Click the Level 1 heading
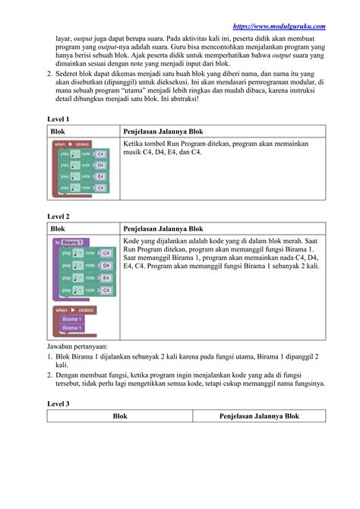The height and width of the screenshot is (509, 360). click(58, 119)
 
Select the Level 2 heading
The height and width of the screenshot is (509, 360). click(58, 217)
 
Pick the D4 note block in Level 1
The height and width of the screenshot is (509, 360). click(83, 164)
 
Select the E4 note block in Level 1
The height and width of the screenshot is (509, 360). click(83, 175)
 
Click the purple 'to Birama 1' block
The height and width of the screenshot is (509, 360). click(71, 242)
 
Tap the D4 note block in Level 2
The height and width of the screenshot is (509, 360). click(87, 265)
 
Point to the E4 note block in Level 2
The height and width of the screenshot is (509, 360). click(87, 278)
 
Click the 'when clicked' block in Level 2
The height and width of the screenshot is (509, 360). click(74, 310)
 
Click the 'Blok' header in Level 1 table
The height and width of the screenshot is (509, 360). click(58, 131)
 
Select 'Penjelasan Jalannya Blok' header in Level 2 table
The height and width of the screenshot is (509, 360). click(163, 228)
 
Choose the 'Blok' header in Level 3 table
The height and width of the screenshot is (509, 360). click(120, 416)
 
